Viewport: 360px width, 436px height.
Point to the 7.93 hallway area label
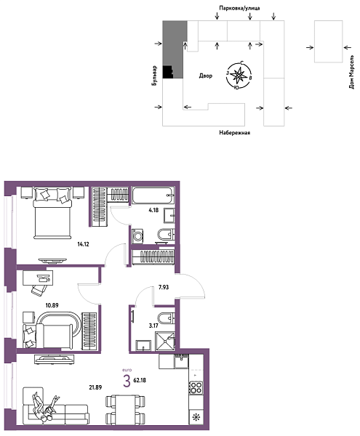(x=166, y=288)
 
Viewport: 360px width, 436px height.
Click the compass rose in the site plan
(x=239, y=74)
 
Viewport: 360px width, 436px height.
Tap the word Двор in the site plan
(x=205, y=76)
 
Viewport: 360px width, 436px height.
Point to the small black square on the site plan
(x=168, y=70)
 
